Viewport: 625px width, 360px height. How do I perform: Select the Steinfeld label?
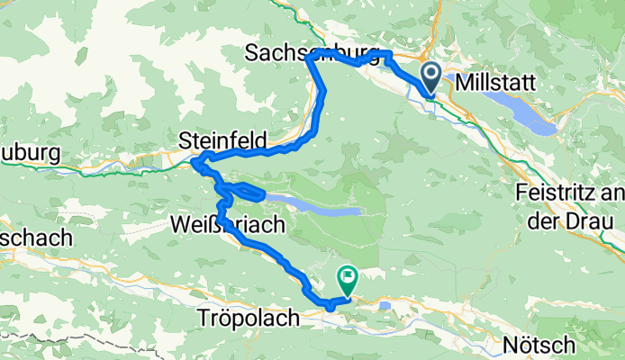[x=222, y=140]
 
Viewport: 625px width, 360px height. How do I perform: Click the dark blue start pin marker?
[x=430, y=78]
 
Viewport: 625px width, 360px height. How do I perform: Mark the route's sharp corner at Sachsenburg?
[x=309, y=58]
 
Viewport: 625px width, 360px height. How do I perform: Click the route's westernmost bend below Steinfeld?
[x=195, y=164]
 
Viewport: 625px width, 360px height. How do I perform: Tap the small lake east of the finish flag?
[x=385, y=305]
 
